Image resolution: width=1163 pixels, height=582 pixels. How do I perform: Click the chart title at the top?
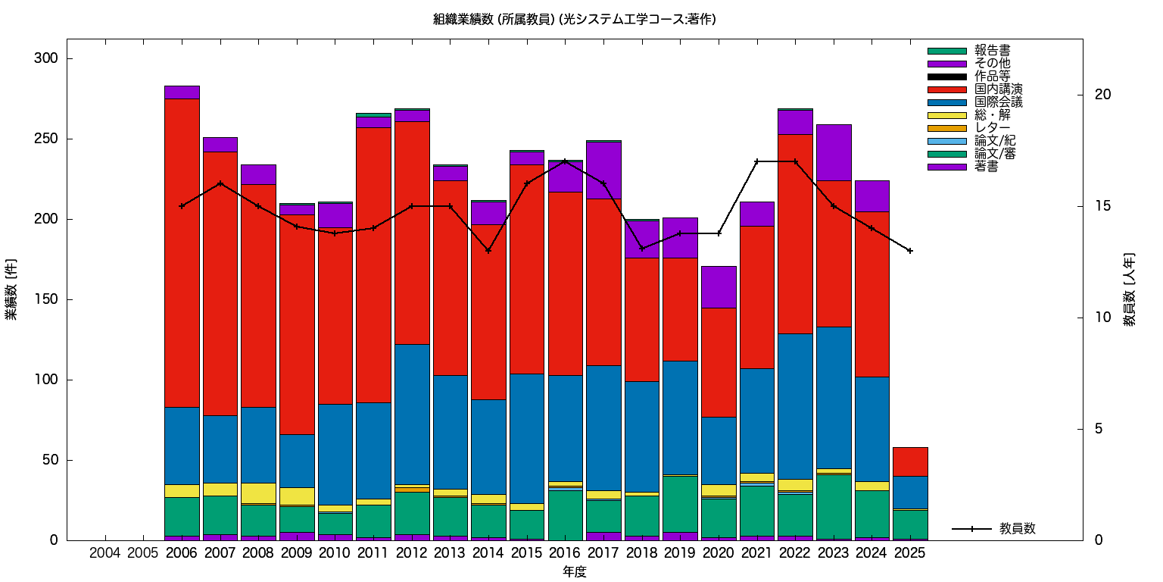pyautogui.click(x=574, y=20)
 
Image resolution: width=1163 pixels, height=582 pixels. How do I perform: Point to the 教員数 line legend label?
pyautogui.click(x=1017, y=529)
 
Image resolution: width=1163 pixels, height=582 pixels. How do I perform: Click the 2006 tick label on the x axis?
pyautogui.click(x=182, y=553)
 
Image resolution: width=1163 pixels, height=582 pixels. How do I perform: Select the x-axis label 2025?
pyautogui.click(x=909, y=553)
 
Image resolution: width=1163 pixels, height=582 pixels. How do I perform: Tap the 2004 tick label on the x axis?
pyautogui.click(x=104, y=553)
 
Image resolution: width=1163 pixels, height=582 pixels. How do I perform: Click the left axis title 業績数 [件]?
pyautogui.click(x=12, y=289)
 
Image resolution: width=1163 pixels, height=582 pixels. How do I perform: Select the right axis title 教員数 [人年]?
pyautogui.click(x=1129, y=289)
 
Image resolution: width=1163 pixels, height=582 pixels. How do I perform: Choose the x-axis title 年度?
pyautogui.click(x=574, y=572)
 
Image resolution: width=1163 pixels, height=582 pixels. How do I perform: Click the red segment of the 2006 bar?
pyautogui.click(x=182, y=253)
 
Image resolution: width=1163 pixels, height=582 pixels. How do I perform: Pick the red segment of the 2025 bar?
pyautogui.click(x=909, y=462)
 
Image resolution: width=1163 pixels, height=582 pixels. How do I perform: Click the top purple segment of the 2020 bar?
pyautogui.click(x=718, y=286)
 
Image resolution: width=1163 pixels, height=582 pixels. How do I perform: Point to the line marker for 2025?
pyautogui.click(x=909, y=251)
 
